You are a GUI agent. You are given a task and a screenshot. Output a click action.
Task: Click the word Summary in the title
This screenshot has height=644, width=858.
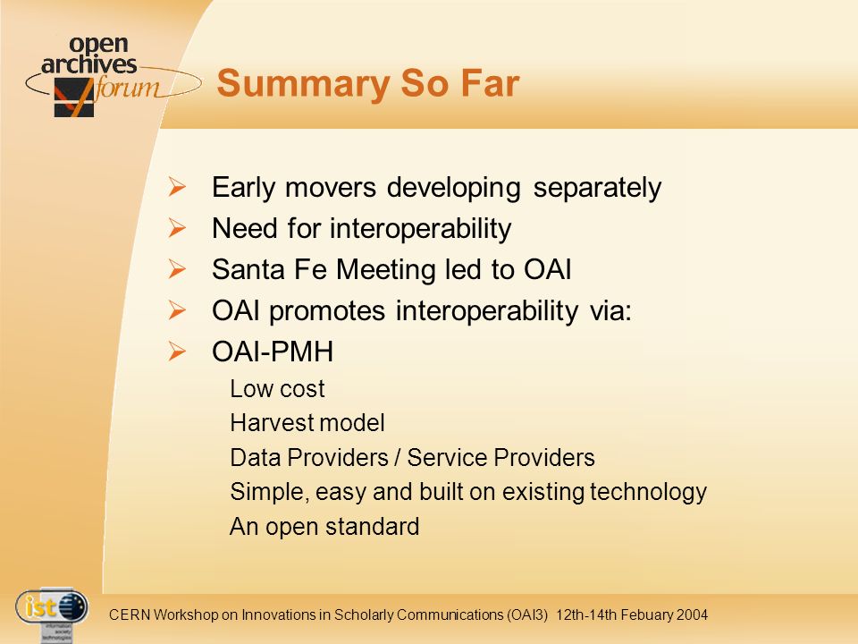tap(303, 85)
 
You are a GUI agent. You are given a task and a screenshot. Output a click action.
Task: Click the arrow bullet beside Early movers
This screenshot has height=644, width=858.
tap(177, 187)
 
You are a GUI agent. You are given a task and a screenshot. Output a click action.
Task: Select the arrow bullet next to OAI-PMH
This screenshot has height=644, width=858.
tap(177, 351)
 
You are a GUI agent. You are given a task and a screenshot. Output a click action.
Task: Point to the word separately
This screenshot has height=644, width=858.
tap(597, 189)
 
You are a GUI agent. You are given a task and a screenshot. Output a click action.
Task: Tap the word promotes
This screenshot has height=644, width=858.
tap(327, 311)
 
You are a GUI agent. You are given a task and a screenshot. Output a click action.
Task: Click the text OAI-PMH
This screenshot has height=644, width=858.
tap(273, 352)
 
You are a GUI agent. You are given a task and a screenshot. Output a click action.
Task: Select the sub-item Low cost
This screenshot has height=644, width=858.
tap(277, 389)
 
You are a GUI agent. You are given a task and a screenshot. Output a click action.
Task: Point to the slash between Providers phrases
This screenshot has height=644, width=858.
tap(397, 458)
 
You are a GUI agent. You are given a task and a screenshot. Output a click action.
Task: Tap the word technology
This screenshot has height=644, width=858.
tap(649, 492)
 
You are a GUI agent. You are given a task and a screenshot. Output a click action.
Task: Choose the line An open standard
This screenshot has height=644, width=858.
tap(324, 527)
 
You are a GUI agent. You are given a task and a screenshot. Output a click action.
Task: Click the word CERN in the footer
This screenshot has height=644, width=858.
tap(129, 614)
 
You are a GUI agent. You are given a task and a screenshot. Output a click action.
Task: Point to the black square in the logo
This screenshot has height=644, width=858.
tap(74, 97)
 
